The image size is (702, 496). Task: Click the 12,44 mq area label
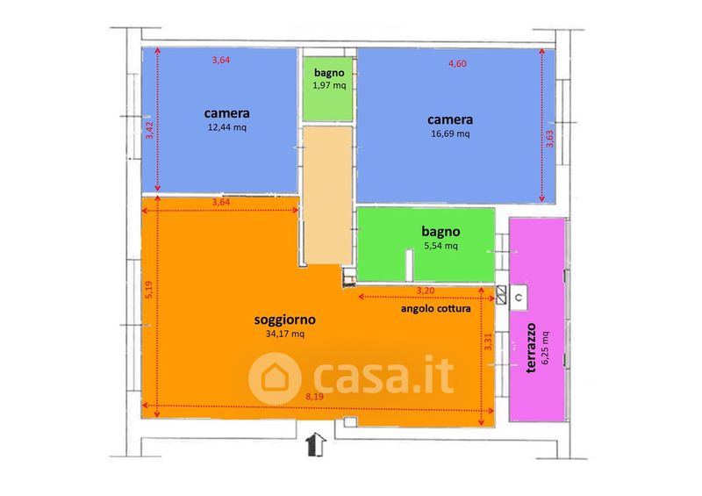[227, 128]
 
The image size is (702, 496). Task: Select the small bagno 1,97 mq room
[329, 88]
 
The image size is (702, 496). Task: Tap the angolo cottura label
[436, 309]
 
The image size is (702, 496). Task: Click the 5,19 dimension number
[149, 291]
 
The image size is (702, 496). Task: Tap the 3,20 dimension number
[426, 291]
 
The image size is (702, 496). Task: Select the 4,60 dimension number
[458, 63]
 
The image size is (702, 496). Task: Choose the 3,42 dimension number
[149, 131]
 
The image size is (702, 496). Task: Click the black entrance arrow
[316, 444]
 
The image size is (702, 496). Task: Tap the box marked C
[519, 297]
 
